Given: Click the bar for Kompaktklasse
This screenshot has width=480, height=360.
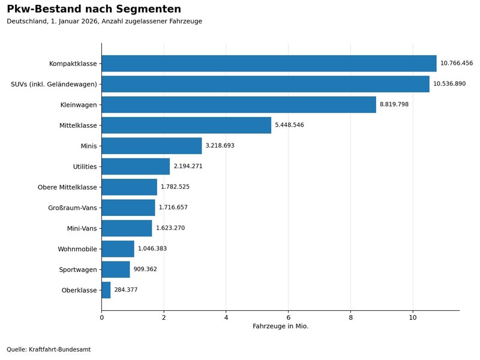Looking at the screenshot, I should point(269,64).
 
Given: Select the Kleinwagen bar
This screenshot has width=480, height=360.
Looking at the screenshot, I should point(239,104).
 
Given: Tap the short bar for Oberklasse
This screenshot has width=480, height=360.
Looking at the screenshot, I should point(106,290).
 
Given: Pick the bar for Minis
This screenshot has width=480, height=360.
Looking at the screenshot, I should point(152,146).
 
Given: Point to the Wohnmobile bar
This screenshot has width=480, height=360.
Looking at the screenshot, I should point(118,248).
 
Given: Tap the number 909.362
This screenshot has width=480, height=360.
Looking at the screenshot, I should point(145,269).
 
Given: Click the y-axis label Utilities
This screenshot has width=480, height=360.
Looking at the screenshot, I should point(85,167).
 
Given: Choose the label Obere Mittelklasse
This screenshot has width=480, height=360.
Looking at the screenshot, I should point(67,187).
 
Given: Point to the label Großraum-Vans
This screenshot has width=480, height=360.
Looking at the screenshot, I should point(72,208).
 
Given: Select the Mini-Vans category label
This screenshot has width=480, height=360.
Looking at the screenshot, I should point(82,229).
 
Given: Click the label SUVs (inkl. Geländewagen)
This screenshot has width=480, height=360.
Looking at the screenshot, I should point(54,84).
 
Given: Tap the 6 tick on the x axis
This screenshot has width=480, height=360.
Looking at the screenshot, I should point(289,317).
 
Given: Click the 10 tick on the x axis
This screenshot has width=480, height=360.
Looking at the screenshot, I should point(413,317).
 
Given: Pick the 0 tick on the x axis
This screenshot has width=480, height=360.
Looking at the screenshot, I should point(101,317).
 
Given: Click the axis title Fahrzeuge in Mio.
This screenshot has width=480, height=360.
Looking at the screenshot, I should point(280,326).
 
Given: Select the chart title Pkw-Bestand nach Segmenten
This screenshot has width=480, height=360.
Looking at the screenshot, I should point(94,9).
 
